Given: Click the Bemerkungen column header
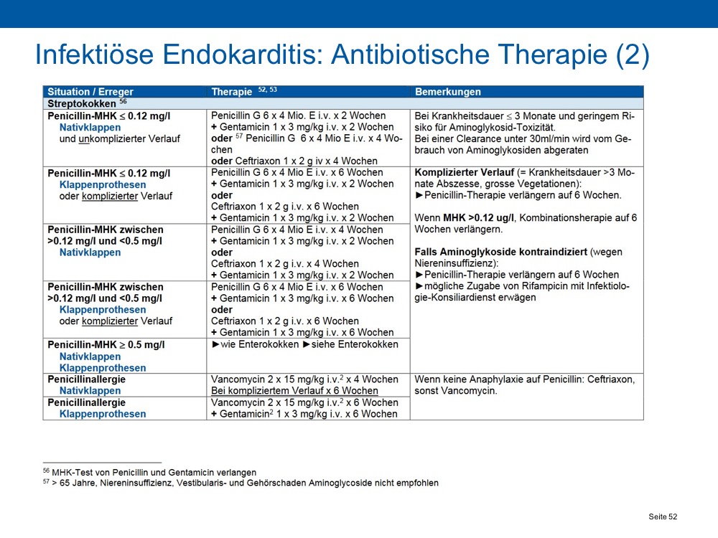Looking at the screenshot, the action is [x=448, y=92].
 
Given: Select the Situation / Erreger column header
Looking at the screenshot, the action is [x=90, y=92].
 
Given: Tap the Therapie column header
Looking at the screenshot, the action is [x=232, y=92].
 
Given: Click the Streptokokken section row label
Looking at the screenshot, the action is [x=82, y=103].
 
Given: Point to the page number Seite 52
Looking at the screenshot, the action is [x=663, y=516].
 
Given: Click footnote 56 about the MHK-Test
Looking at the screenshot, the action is [x=150, y=472].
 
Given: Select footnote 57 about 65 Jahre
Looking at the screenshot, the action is [x=241, y=483].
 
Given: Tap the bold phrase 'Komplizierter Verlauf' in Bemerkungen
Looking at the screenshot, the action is [x=465, y=172].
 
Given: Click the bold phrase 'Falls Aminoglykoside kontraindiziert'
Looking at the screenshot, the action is [x=501, y=252].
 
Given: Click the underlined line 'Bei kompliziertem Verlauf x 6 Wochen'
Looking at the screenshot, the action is [x=294, y=391].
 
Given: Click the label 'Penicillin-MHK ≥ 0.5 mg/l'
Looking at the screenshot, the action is [x=106, y=344].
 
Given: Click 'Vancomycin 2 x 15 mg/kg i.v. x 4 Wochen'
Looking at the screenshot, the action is [x=304, y=379].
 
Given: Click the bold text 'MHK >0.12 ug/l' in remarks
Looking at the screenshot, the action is [x=478, y=218].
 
